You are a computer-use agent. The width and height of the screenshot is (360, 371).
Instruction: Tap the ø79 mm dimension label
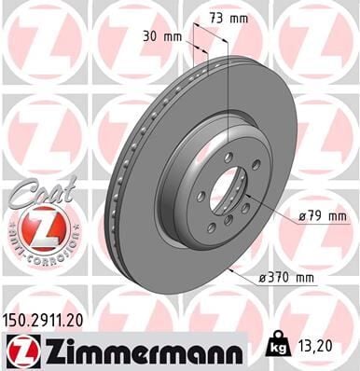322,218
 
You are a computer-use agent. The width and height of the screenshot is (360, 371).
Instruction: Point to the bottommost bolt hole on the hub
213,229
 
